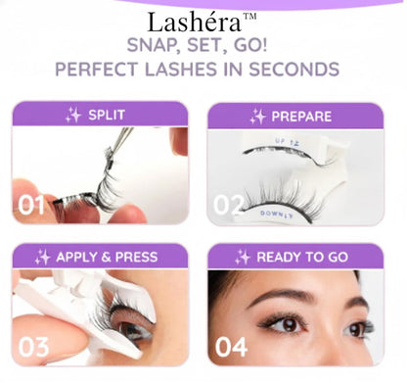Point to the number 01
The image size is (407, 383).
tap(30, 205)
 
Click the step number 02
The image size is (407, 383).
tap(229, 205)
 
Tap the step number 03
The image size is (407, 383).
tap(31, 346)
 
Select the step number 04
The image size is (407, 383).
tap(231, 346)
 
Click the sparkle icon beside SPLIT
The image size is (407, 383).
tap(73, 115)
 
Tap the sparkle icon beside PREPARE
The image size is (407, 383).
tap(257, 116)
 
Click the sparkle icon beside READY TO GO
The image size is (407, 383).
tap(243, 257)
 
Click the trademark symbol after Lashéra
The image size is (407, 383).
tap(249, 16)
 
